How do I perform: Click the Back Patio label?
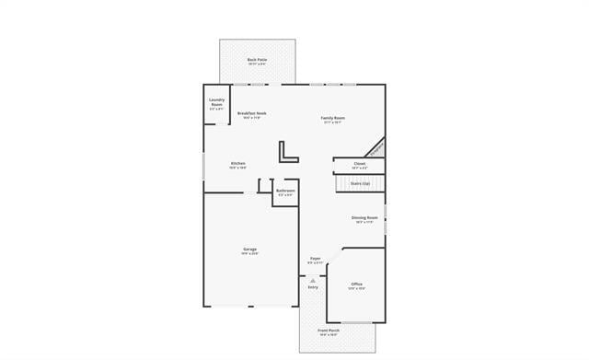(x=257, y=60)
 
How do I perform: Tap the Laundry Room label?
(x=217, y=102)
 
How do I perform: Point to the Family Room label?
(x=333, y=118)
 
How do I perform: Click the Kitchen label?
(x=237, y=163)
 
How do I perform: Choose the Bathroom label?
(x=285, y=191)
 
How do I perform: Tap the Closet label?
(x=360, y=163)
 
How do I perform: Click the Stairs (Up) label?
(x=360, y=183)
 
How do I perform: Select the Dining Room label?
(x=364, y=217)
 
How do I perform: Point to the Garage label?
(x=249, y=249)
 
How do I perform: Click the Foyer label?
(x=315, y=259)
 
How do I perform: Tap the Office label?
(x=356, y=284)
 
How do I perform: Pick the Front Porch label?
(x=329, y=330)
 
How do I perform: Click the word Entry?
(x=313, y=287)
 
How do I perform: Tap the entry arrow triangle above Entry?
(x=313, y=280)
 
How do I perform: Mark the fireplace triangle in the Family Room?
(x=376, y=148)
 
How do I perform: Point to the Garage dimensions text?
(x=249, y=253)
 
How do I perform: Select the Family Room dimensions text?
(x=333, y=122)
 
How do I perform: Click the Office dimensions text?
(x=356, y=288)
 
